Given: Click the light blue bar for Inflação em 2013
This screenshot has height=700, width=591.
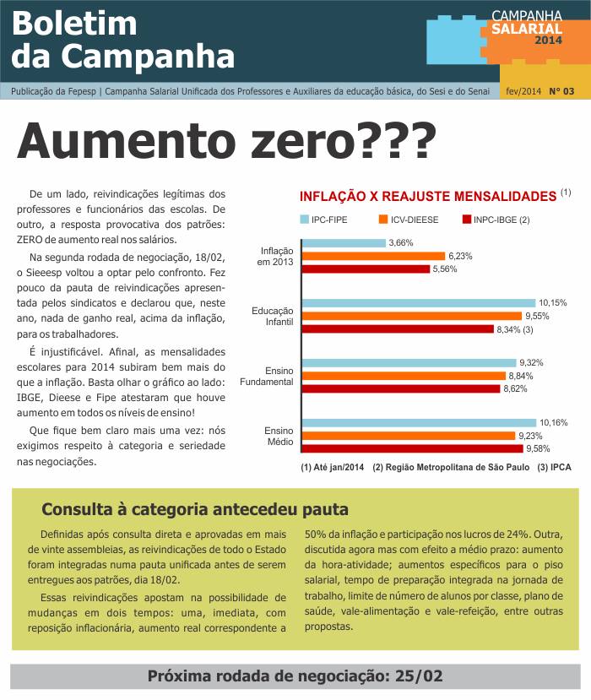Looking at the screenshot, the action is pos(344,243).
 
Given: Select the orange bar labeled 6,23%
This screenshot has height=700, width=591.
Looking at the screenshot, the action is pos(374,256).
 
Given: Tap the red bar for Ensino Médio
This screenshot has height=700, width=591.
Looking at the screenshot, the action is pos(413,448).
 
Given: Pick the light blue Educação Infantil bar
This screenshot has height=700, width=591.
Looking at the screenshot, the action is pos(419,303).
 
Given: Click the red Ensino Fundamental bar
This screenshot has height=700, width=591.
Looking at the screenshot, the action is pos(401,388).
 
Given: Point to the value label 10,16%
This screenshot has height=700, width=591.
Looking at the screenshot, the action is pos(554,422).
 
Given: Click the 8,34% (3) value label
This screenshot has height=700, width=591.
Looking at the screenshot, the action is pos(515,329).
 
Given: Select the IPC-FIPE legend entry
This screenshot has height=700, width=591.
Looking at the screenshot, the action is pos(323,220).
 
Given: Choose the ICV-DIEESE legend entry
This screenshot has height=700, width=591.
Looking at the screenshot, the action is pos(409,220).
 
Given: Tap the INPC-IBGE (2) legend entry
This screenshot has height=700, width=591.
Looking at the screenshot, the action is pos(496,220).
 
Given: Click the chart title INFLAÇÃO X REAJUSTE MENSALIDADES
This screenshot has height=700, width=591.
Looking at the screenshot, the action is pos(427,197).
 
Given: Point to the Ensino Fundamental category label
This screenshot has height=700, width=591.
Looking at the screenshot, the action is pos(267,377).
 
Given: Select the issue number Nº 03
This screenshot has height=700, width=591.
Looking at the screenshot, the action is pos(561,91).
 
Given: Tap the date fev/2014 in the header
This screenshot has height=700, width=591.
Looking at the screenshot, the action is pos(523,91).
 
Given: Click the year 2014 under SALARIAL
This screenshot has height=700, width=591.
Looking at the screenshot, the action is pos(549,41).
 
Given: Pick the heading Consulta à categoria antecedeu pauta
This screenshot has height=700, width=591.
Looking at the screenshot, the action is pos(195,509).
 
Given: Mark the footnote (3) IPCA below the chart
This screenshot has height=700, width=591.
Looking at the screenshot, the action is pos(554,468).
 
